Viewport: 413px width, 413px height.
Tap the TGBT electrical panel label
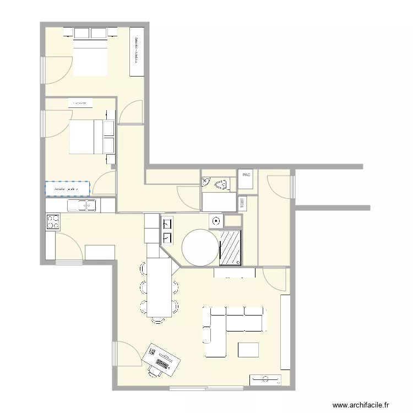[x=243, y=203]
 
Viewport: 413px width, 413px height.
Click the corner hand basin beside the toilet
[x=205, y=181]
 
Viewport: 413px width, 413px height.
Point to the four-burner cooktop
[x=53, y=221]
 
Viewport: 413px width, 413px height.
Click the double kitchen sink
[x=82, y=206]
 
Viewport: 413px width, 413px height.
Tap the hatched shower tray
[x=231, y=248]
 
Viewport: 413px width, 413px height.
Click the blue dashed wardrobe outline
[x=67, y=189]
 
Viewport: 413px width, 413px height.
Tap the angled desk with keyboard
[x=162, y=359]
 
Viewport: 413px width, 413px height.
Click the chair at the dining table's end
[x=159, y=320]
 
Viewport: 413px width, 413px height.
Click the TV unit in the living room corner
[x=265, y=379]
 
